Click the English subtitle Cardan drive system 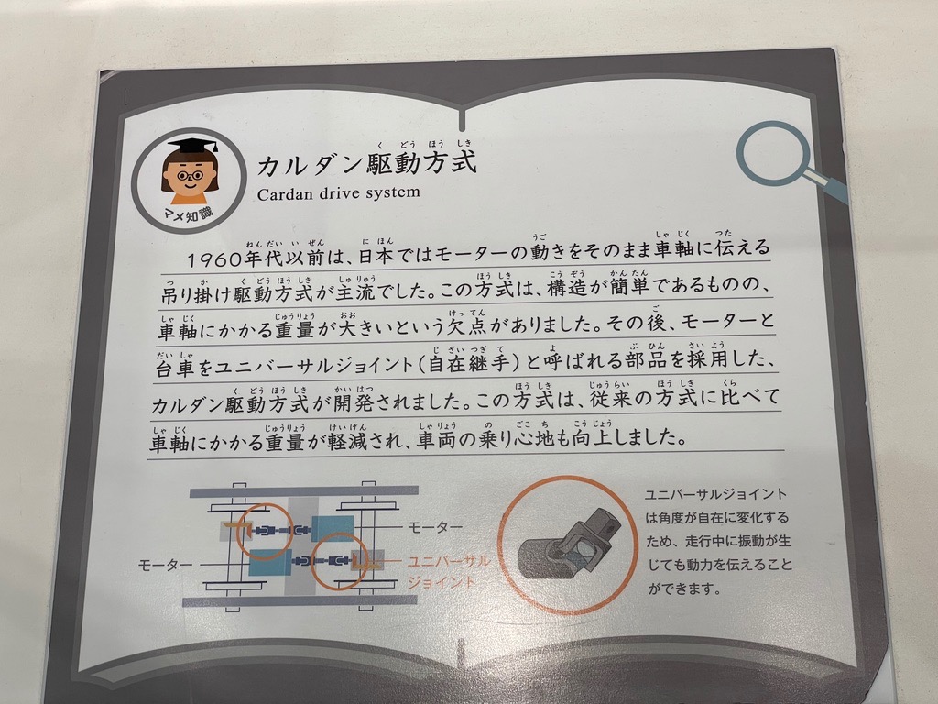(x=339, y=192)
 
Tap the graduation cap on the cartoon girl (x=192, y=146)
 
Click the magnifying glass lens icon (x=773, y=152)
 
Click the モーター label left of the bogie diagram (x=165, y=565)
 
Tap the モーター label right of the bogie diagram (x=435, y=527)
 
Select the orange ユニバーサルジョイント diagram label (x=448, y=572)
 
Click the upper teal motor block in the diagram (x=333, y=527)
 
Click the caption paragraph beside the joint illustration (x=718, y=541)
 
